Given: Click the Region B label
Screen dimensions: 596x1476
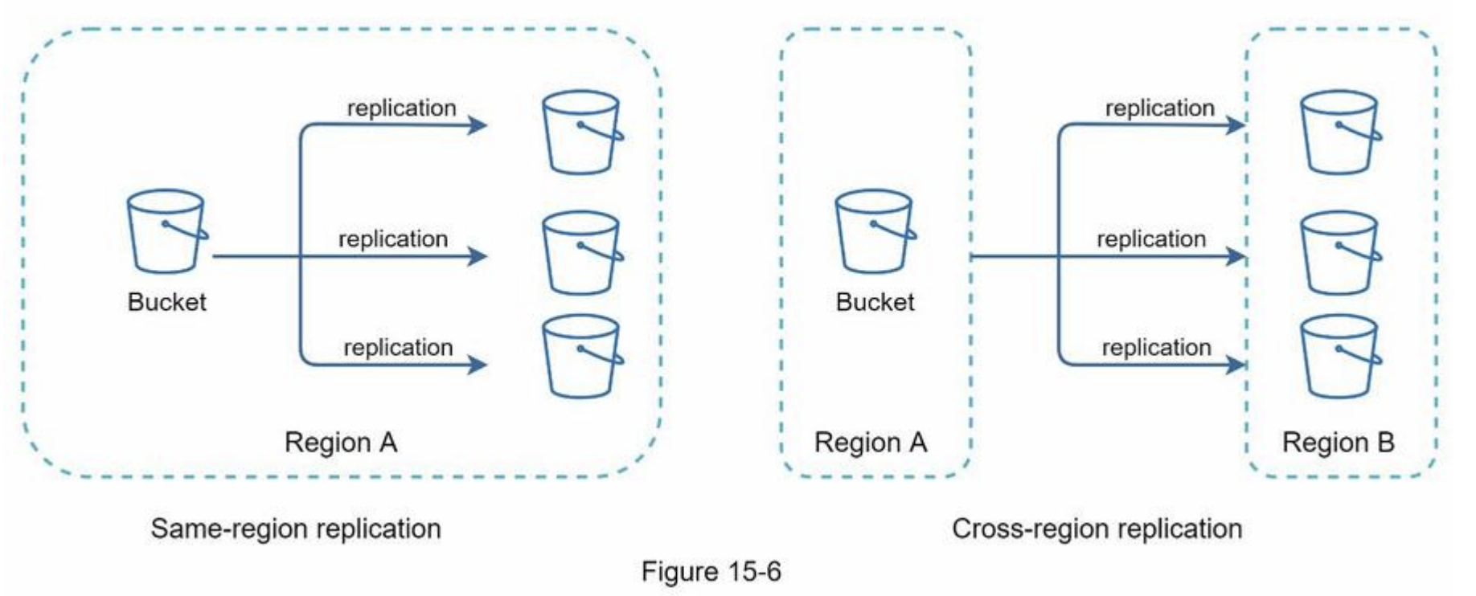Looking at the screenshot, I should (1338, 443).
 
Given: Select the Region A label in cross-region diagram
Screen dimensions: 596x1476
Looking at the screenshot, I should (871, 443).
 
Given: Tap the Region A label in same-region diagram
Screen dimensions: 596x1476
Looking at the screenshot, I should (341, 443).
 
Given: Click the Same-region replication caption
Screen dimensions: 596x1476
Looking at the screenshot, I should (296, 529).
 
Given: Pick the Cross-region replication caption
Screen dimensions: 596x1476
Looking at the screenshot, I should (1097, 529).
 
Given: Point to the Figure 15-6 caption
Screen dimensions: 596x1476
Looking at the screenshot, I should (711, 572).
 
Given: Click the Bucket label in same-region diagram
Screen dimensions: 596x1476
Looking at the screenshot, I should (166, 302).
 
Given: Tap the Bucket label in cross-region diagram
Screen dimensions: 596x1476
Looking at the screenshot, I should (875, 302).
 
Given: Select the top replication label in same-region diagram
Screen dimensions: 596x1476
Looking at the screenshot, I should (401, 108).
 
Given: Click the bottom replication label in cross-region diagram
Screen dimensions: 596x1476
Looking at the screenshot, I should (1156, 347).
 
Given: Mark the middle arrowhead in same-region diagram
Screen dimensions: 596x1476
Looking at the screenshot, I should (478, 256).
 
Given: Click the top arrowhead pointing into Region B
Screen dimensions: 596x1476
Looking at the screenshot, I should (1236, 125).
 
